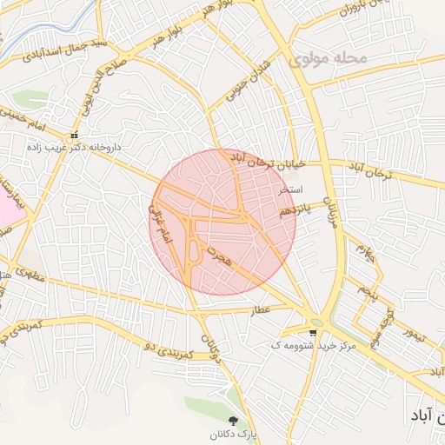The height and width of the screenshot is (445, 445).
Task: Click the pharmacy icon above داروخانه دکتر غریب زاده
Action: [x=75, y=136]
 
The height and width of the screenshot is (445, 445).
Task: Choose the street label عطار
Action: [x=262, y=310]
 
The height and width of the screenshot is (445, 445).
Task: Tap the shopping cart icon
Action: [x=313, y=333]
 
